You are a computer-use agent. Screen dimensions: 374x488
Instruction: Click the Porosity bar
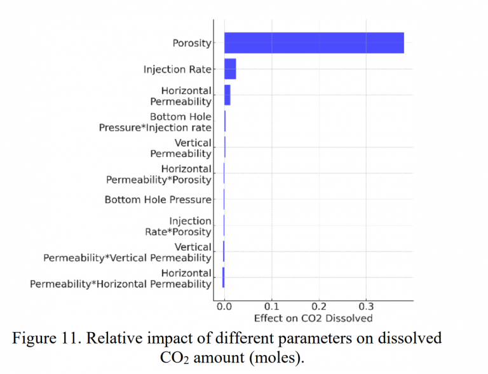pos(314,43)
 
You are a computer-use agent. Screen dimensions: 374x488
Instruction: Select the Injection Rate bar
pos(230,69)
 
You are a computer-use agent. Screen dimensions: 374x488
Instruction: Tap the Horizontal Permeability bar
pos(227,95)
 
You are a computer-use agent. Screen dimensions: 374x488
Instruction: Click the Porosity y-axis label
pos(192,43)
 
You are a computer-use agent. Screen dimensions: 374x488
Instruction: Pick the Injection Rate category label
pos(177,69)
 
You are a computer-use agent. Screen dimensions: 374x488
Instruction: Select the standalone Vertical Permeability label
pos(181,148)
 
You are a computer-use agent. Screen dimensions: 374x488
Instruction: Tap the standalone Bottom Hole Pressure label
pos(158,200)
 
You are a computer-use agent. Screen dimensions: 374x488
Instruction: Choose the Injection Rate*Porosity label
pos(178,226)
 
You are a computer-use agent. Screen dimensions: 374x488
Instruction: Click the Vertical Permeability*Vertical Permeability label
pos(127,252)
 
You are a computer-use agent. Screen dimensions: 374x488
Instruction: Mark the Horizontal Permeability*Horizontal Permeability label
pos(121,278)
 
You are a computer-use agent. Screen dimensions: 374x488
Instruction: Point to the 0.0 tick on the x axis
pos(224,307)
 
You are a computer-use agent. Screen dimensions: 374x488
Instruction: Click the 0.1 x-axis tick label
pos(271,307)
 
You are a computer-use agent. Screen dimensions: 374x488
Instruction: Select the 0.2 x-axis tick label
pos(319,307)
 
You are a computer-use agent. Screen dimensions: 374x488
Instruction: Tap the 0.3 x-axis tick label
pos(366,307)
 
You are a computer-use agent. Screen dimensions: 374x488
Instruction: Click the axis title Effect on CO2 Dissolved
pos(313,317)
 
